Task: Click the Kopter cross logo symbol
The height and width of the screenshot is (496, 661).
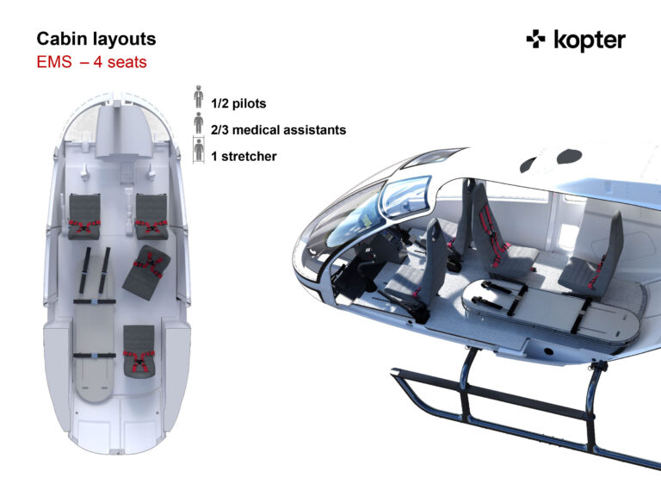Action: tap(535, 40)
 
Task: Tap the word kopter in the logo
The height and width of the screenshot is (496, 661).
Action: tap(590, 40)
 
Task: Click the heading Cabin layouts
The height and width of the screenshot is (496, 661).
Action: tap(96, 39)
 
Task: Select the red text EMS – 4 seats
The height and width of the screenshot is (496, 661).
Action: tap(91, 62)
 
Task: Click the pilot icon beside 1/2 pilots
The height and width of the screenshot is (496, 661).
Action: tap(199, 96)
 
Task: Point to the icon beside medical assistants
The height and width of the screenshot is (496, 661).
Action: tap(199, 123)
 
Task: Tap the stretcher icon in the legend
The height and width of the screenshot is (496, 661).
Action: tap(199, 150)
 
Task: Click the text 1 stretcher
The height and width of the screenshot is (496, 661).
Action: tap(244, 157)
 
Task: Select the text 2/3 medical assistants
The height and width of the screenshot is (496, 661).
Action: tap(278, 130)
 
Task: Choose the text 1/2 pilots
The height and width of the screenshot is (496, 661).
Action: tap(238, 103)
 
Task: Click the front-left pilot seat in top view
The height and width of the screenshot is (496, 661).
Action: tap(84, 216)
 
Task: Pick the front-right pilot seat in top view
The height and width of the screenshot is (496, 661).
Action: tap(151, 216)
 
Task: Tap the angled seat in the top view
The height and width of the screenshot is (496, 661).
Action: tap(146, 272)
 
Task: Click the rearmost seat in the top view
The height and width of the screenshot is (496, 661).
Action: tap(139, 351)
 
